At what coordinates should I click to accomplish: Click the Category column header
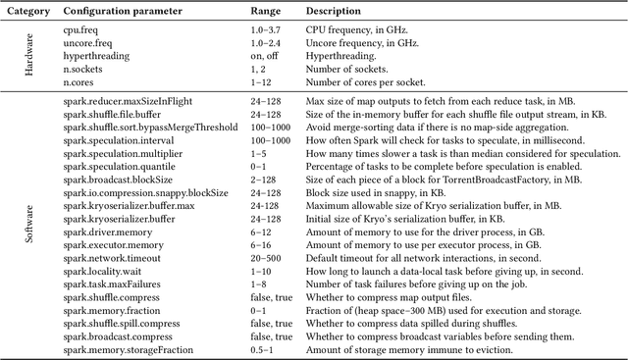coord(30,11)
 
